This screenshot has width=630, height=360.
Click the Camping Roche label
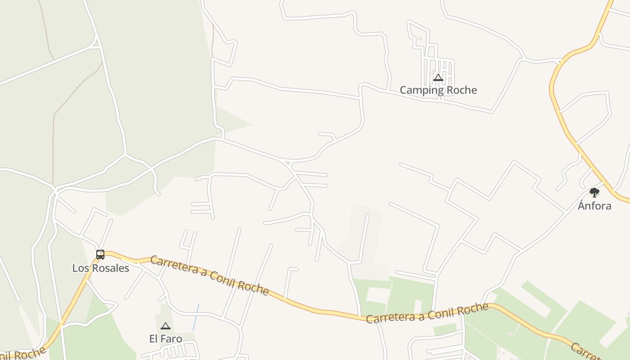(x=438, y=90)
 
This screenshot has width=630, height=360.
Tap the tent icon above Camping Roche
(x=438, y=78)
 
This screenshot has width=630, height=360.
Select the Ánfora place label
(x=594, y=206)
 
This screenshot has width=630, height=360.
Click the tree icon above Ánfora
(x=594, y=193)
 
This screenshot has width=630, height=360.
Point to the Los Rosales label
(x=101, y=268)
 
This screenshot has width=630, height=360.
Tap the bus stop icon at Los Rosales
(x=100, y=255)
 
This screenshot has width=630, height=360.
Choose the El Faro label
(x=166, y=338)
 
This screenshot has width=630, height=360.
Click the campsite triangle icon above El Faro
(x=166, y=326)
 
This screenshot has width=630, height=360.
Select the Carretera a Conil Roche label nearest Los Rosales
(x=209, y=275)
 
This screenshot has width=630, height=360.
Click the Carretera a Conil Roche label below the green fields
(x=427, y=313)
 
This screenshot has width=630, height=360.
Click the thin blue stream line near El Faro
(x=196, y=317)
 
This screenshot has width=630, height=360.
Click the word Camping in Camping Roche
(x=420, y=90)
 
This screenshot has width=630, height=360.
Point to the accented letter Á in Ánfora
(x=582, y=206)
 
